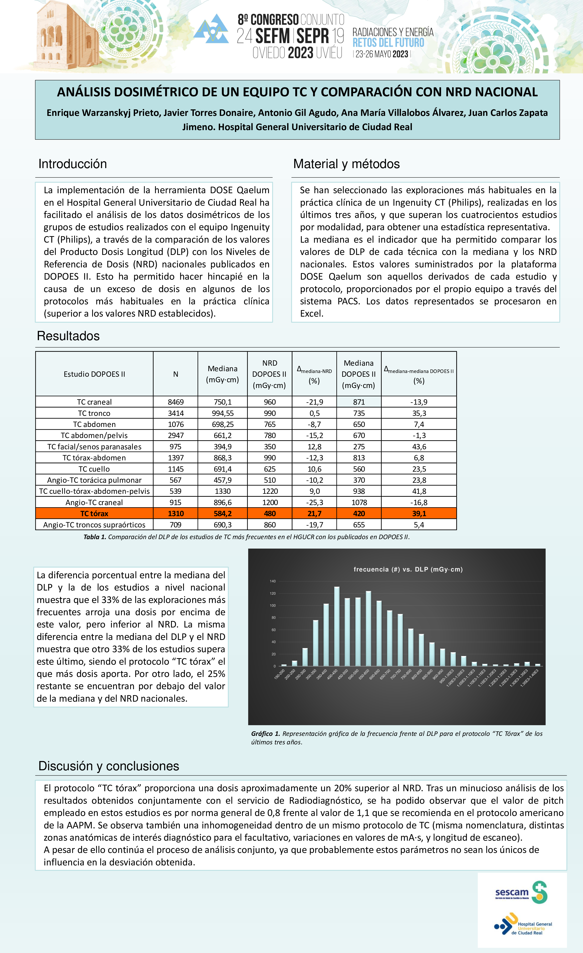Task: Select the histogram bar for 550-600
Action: (368, 628)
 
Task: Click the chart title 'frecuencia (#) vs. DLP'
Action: (408, 569)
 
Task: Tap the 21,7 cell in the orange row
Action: (314, 514)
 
